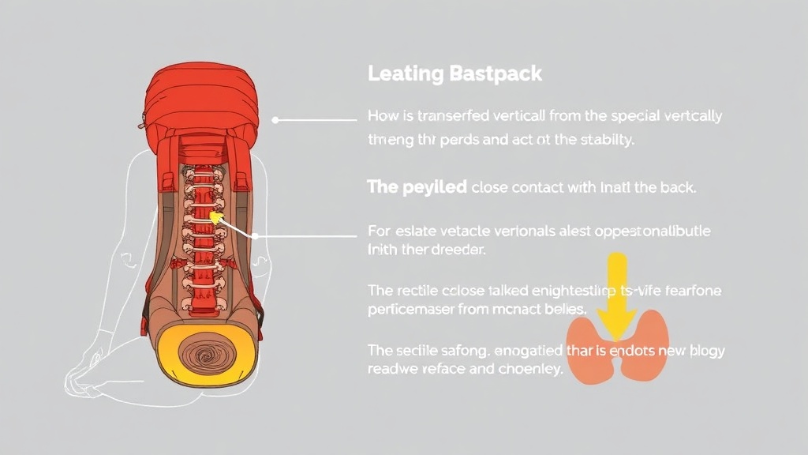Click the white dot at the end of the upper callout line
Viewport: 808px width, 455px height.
point(275,120)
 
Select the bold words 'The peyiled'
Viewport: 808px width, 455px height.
point(416,188)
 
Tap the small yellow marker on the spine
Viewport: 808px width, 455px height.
point(215,216)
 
